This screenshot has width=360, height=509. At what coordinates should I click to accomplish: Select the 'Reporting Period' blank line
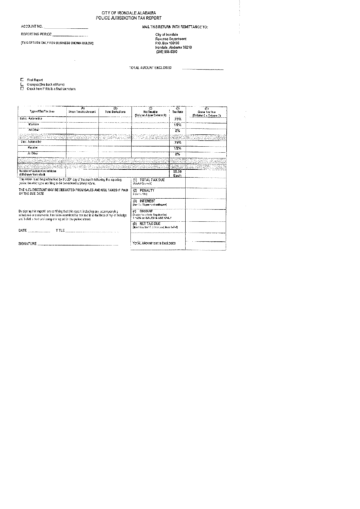pos(69,34)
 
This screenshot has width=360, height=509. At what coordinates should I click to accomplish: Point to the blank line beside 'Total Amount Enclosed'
pos(202,68)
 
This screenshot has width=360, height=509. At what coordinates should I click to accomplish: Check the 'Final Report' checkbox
pos(22,80)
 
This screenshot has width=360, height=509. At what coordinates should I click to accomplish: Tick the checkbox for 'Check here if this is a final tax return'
pos(22,88)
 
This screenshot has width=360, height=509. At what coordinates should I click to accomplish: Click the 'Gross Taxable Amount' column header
pos(82,110)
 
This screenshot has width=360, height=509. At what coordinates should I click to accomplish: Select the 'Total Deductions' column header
pos(115,111)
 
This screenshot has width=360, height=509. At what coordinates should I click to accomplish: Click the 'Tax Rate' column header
pos(177,110)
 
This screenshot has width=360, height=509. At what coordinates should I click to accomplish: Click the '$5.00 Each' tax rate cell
pos(177,173)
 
